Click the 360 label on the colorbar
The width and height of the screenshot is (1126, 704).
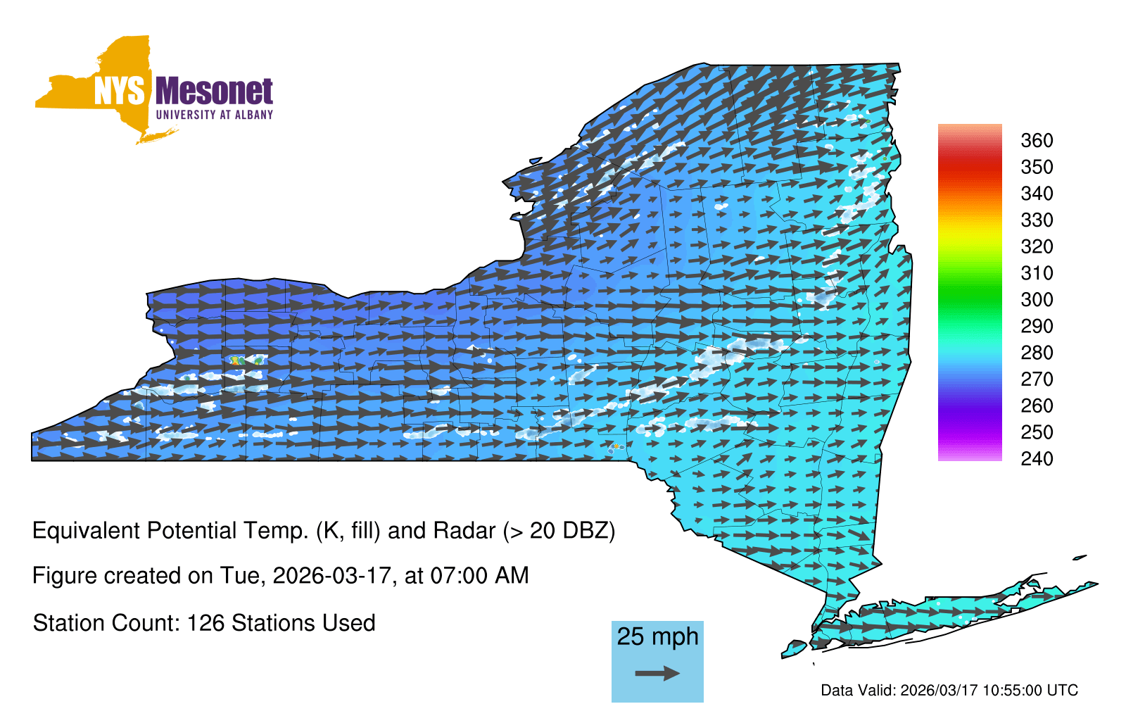(x=1037, y=140)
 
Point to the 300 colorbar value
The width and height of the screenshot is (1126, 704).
(x=1037, y=300)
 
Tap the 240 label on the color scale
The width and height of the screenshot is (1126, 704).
(x=1037, y=458)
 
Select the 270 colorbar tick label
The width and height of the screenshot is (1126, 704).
(x=1037, y=379)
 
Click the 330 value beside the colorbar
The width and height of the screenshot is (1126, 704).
(x=1037, y=220)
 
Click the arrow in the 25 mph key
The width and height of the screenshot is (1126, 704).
(x=657, y=673)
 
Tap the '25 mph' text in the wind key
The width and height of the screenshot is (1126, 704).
(x=657, y=636)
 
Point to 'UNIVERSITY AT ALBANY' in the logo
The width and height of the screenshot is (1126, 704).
(x=215, y=115)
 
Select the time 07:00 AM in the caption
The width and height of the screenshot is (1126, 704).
(x=479, y=576)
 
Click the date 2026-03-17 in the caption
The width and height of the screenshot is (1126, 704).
(x=331, y=576)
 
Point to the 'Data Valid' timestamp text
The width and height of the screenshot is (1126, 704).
(x=949, y=690)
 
